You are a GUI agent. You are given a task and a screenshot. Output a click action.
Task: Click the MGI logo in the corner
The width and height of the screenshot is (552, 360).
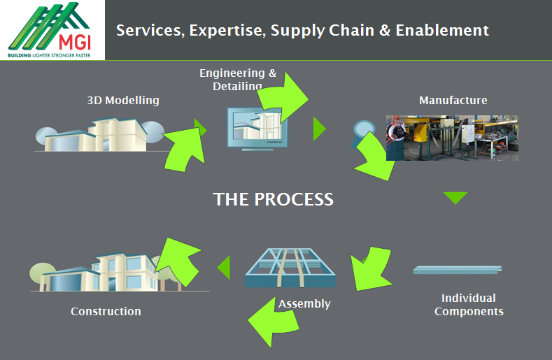(x=52, y=30)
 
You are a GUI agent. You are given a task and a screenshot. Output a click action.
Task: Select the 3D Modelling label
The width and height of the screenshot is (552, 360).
(x=123, y=101)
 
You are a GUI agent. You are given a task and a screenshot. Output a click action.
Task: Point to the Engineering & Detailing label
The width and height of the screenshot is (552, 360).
(x=237, y=80)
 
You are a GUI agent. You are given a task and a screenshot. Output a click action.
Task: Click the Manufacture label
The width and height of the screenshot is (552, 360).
(x=453, y=101)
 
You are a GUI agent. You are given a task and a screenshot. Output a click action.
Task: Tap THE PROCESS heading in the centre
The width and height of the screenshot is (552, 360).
(x=274, y=199)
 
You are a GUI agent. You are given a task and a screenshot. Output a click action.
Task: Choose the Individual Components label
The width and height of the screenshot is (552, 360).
(x=469, y=305)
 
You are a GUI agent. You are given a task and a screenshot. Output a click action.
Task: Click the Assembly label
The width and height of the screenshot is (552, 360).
(x=304, y=304)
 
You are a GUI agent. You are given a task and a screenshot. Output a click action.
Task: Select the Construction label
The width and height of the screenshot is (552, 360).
(x=106, y=311)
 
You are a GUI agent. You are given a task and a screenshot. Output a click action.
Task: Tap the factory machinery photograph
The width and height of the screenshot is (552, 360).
(x=452, y=138)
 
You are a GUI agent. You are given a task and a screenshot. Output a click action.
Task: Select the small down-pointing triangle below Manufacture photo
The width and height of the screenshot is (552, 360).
(x=455, y=197)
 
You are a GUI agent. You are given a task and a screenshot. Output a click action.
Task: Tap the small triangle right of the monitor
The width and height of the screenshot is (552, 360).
(x=319, y=129)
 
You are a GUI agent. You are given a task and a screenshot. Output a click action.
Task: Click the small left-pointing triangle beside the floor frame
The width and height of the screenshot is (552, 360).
(x=224, y=267)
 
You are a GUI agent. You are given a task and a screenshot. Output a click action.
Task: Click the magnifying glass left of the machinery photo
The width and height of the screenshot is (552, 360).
(x=365, y=131)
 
